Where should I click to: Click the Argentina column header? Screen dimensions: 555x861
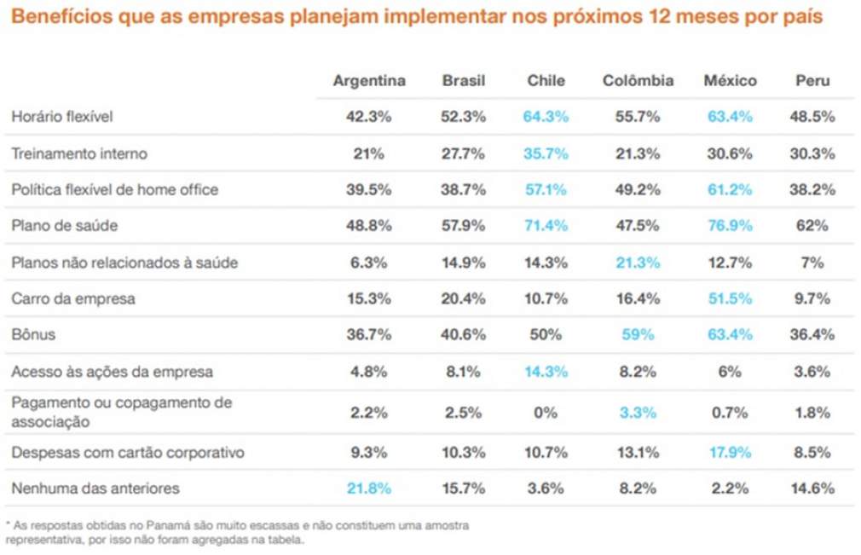(369, 81)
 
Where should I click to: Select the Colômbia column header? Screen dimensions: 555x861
(638, 81)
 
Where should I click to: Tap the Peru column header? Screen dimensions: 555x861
(812, 81)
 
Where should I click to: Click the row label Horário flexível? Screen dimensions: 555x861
(62, 117)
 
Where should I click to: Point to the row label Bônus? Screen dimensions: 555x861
(33, 335)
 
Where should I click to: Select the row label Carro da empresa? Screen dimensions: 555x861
(73, 299)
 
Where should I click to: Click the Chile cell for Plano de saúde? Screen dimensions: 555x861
(546, 226)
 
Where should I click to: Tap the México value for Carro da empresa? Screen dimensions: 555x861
(731, 299)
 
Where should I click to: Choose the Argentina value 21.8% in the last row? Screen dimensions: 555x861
(369, 489)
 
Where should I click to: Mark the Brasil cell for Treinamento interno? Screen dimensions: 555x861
(464, 153)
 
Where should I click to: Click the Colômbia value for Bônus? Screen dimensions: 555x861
(638, 335)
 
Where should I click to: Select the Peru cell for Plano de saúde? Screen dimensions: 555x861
(812, 226)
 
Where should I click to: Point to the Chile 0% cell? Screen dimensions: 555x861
(546, 413)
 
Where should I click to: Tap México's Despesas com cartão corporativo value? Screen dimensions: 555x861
(731, 453)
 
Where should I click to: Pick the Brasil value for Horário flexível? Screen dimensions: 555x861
(464, 117)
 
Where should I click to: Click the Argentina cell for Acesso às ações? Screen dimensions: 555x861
(369, 372)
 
